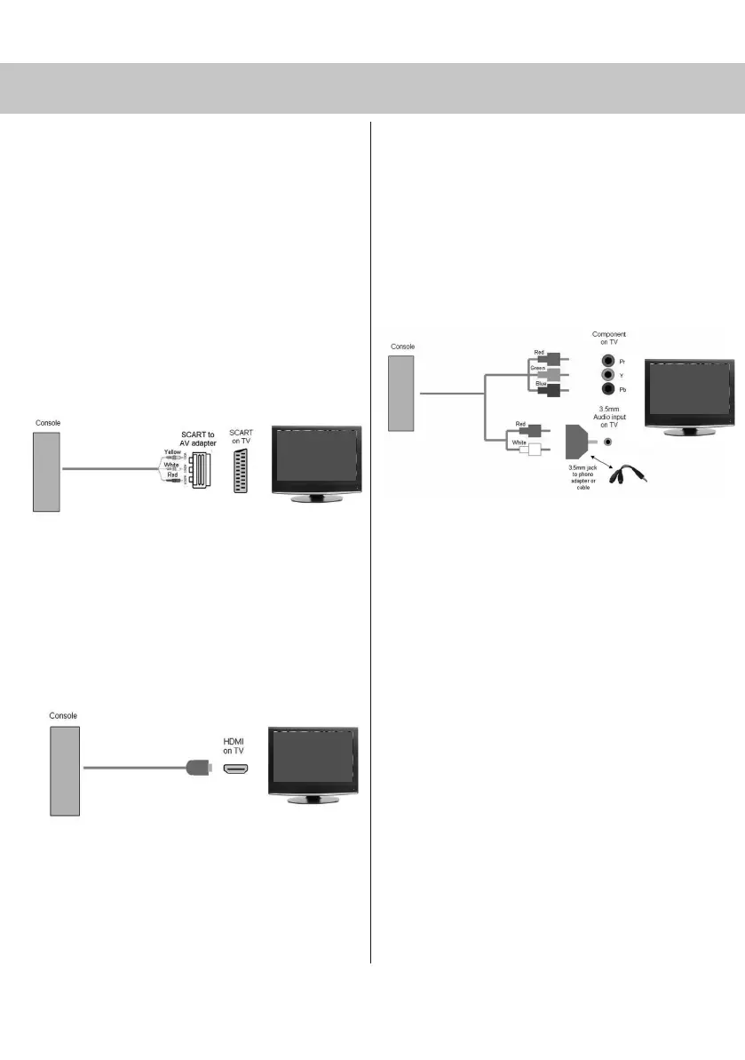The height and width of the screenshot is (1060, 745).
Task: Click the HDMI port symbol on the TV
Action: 234,769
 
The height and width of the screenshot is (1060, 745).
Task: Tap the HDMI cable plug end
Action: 198,769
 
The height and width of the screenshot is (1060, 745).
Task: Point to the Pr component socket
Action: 607,362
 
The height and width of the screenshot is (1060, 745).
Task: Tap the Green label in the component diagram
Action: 538,367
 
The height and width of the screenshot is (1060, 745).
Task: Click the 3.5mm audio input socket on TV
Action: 607,441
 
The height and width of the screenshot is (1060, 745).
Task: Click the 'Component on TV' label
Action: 609,339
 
